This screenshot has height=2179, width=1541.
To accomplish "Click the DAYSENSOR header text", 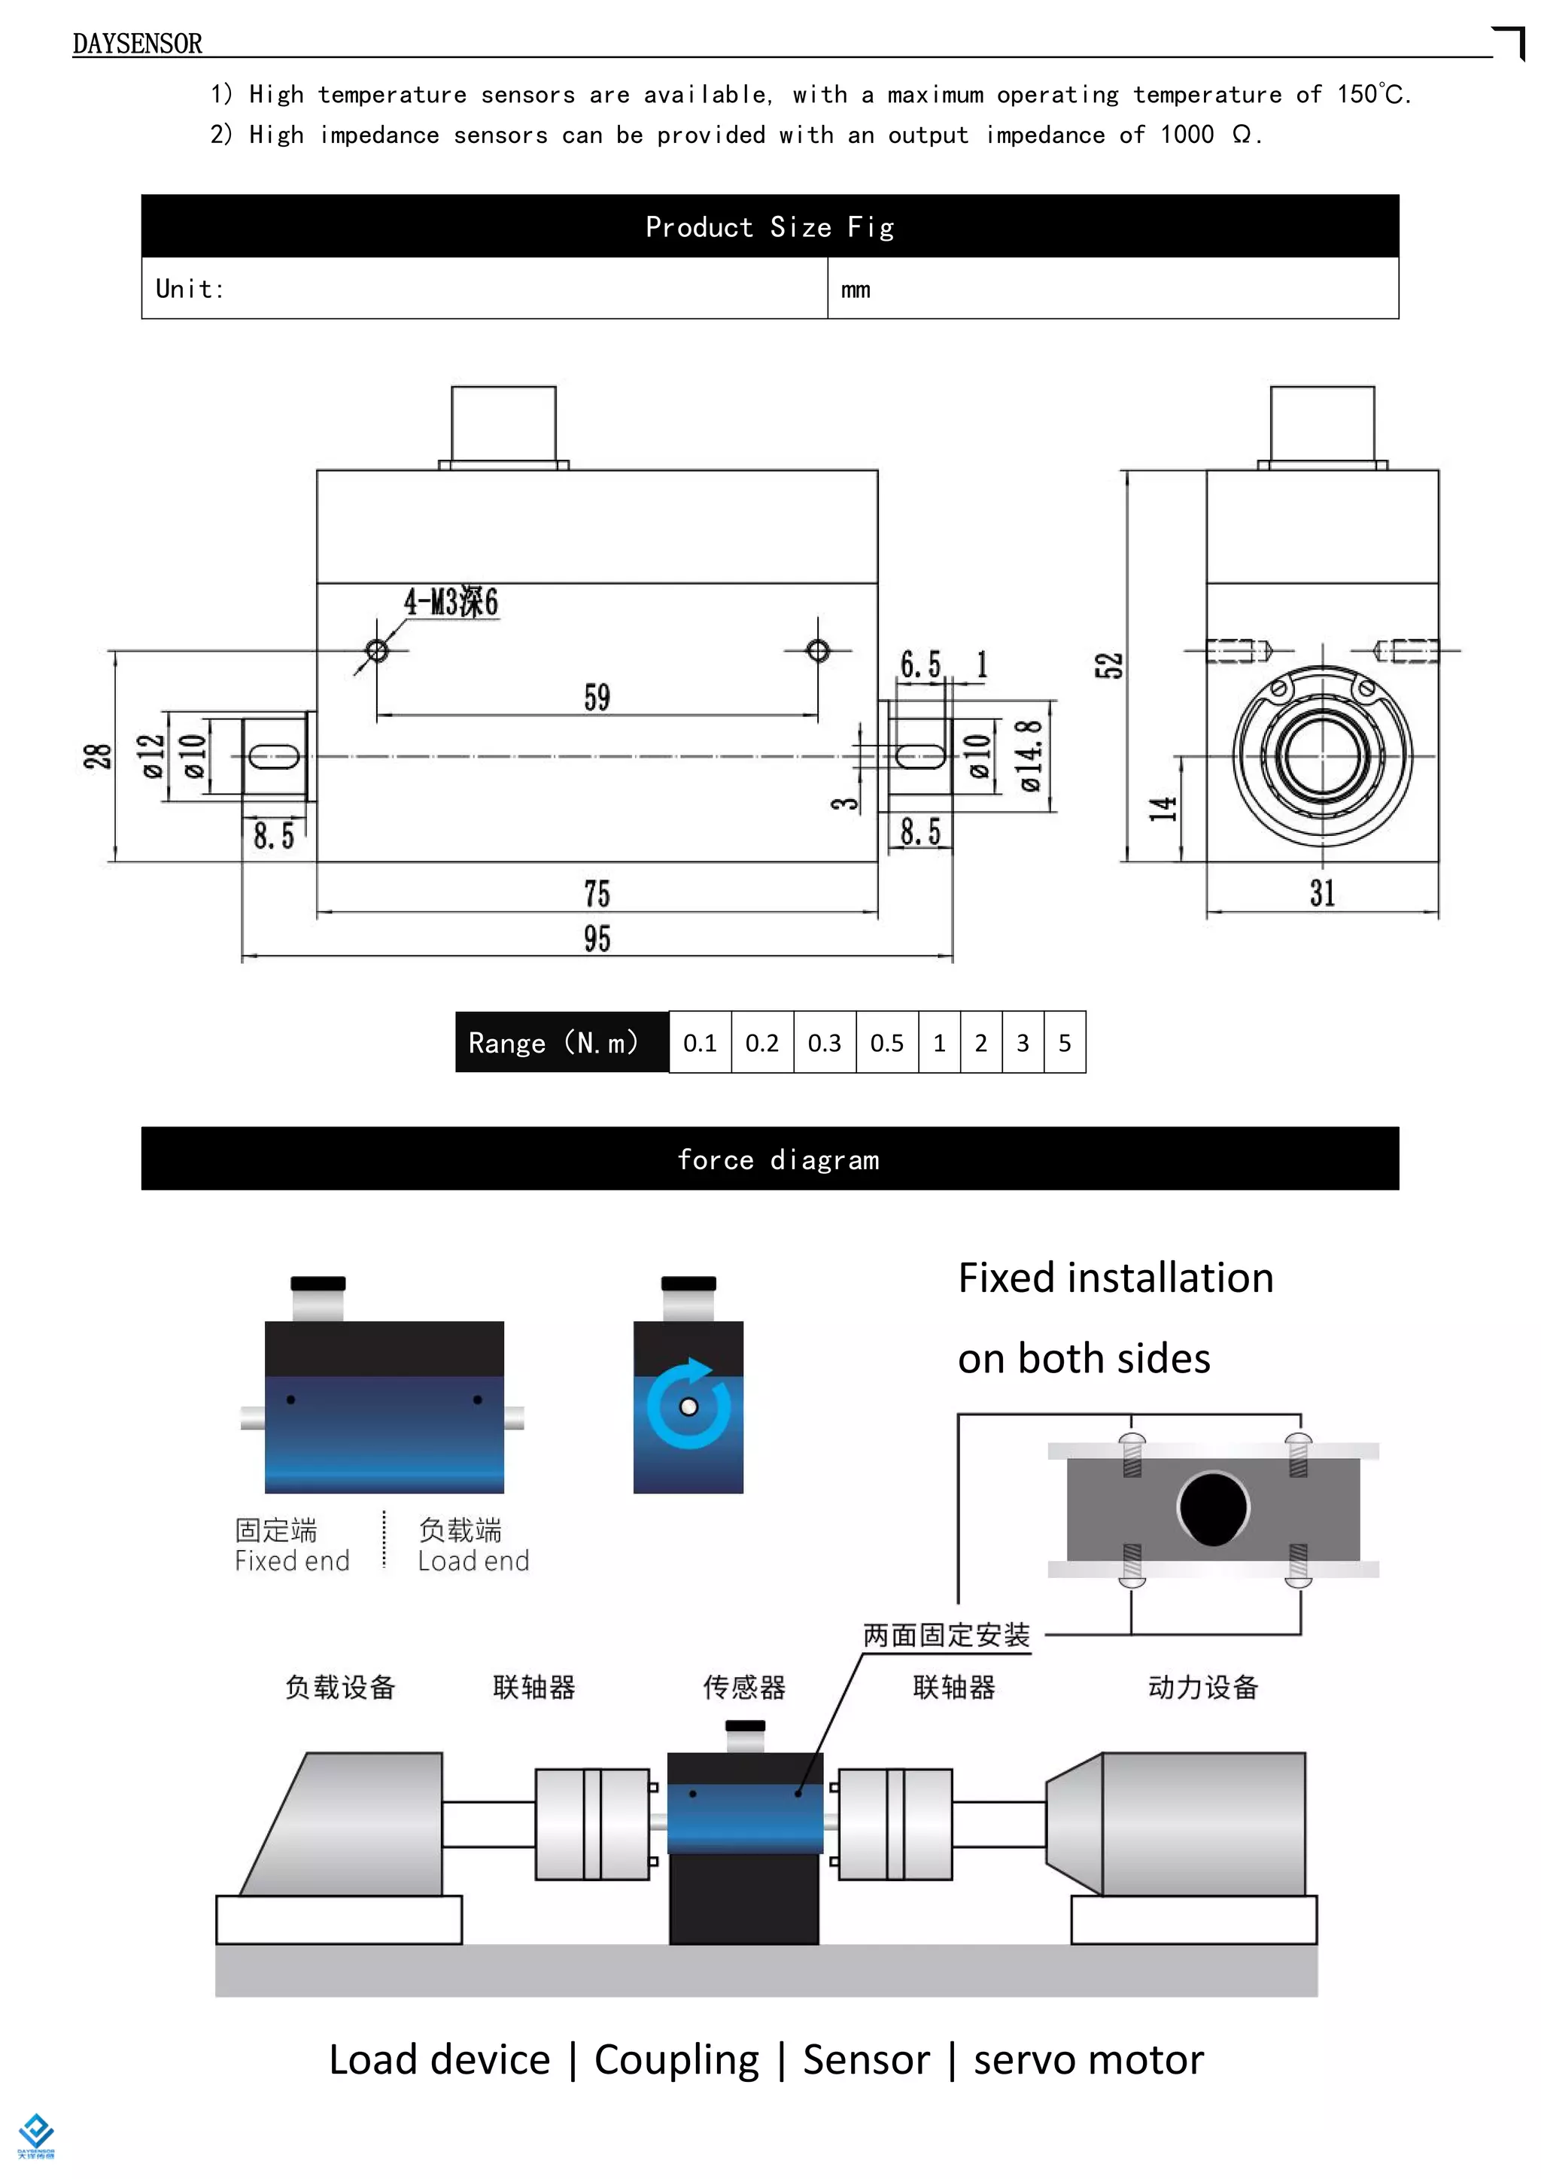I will point(137,44).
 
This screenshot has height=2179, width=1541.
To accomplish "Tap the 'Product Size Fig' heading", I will point(770,226).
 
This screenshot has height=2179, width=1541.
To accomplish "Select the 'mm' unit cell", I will point(855,290).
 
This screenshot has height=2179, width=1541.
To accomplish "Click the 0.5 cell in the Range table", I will point(886,1043).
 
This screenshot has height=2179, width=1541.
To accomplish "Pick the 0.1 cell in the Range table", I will point(699,1043).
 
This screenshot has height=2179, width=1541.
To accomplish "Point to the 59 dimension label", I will point(597,697).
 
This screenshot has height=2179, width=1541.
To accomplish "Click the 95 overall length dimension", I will point(597,938).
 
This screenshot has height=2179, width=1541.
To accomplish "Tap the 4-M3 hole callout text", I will point(451,602).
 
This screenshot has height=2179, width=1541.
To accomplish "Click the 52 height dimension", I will point(1108,665).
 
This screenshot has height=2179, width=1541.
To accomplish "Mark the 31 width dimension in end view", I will point(1322,893).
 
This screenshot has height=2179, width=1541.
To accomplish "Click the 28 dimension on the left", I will point(98,756).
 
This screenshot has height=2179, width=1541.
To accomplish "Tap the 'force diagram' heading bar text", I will point(778,1159).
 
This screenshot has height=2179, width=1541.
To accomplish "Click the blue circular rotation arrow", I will point(689,1406).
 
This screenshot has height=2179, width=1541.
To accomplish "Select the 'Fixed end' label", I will point(292,1561).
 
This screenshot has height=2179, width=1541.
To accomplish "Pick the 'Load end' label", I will point(473,1561).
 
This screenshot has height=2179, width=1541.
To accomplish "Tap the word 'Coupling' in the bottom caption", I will point(676,2059).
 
